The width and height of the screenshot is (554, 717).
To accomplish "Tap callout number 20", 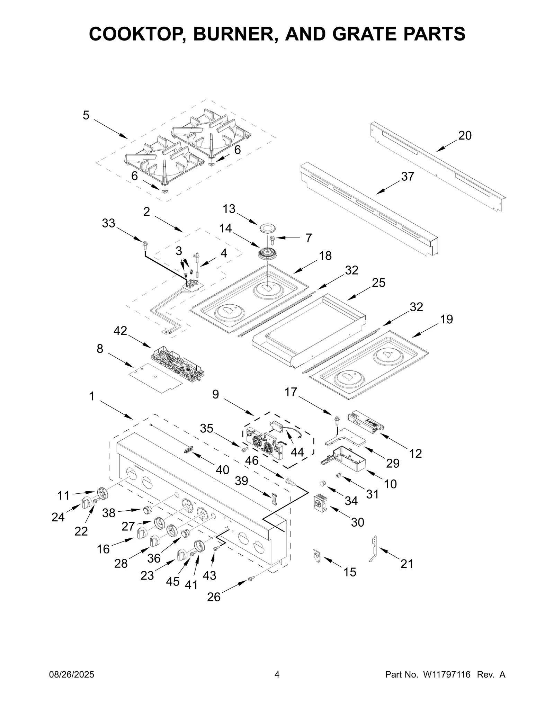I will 465,136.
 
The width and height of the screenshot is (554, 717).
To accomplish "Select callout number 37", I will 408,177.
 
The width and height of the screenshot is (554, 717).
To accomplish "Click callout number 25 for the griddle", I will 378,283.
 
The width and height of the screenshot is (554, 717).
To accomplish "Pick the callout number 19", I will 446,319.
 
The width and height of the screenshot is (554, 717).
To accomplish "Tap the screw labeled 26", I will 251,578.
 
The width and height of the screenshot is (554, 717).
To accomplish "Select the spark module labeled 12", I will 366,423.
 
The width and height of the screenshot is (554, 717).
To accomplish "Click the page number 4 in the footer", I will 277,675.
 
